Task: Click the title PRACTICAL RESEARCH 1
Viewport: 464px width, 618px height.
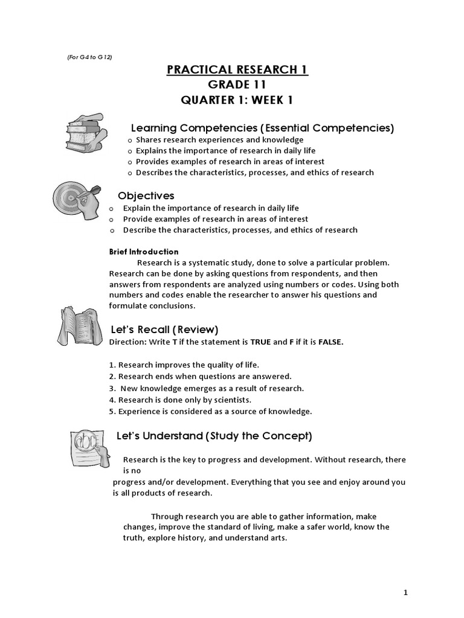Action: click(x=237, y=70)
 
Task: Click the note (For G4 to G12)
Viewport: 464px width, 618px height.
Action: click(x=89, y=57)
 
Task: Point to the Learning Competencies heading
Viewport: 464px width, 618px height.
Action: click(x=263, y=128)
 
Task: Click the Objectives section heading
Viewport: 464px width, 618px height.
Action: click(x=146, y=196)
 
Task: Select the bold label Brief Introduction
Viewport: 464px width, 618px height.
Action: click(x=144, y=252)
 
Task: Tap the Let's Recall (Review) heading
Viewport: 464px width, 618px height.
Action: click(x=165, y=330)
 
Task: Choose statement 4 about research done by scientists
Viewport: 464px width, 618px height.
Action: click(x=180, y=400)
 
